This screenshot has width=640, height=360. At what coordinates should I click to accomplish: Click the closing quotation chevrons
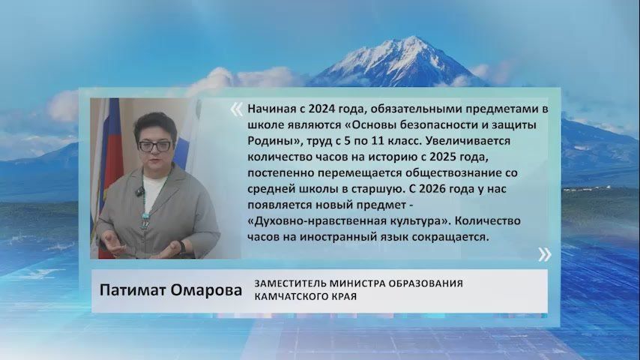545,253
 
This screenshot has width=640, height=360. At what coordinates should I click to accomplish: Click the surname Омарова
208,291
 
